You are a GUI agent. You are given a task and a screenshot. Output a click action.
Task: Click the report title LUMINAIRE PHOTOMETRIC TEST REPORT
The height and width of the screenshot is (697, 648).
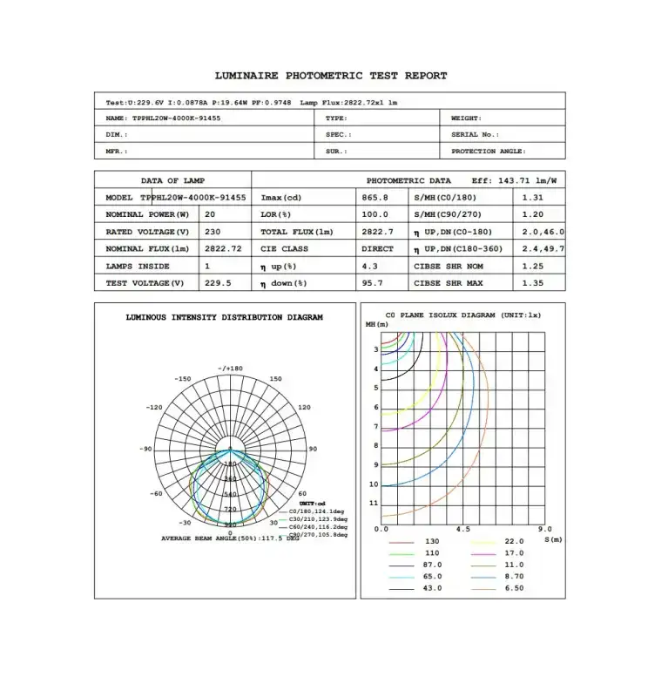331,76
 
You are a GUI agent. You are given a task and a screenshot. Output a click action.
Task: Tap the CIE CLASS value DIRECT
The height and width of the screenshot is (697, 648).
377,249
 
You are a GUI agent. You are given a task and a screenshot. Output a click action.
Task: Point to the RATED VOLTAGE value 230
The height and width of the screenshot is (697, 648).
213,232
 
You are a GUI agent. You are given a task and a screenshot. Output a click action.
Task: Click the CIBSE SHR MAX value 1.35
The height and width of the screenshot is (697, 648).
532,283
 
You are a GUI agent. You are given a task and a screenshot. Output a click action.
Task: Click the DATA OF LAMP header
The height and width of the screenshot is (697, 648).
172,180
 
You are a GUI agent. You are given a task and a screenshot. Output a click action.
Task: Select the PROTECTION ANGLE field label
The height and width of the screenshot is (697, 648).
488,152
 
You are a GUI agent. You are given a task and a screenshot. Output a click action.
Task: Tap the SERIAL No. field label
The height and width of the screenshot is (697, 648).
476,134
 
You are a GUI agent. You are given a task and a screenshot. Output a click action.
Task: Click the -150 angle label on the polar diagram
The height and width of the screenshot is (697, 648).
182,379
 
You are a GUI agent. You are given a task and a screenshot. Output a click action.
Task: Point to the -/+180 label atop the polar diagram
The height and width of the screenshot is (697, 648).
230,369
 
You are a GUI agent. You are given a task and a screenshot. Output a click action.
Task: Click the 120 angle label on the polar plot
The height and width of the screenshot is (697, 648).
304,408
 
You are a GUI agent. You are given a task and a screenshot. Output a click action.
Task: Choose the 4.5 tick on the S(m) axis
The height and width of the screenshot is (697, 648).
463,529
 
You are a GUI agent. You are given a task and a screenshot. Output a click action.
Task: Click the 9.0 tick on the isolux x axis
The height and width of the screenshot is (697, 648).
544,529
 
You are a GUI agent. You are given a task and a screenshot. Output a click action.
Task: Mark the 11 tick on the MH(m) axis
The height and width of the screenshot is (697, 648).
374,504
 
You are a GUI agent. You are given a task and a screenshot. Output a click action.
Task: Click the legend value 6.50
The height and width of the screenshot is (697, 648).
514,588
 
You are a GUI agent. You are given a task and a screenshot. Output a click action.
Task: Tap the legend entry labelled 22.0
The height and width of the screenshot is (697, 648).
514,542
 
